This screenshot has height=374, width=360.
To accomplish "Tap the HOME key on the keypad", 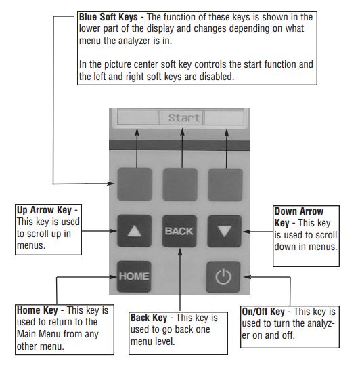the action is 134,276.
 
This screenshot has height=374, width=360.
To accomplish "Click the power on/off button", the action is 223,277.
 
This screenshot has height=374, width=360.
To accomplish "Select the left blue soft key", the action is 135,184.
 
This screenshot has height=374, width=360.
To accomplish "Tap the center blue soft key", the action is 180,184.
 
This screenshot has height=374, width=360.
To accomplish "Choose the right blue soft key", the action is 225,185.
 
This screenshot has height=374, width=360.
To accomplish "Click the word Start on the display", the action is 183,118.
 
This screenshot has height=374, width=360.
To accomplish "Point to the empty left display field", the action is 138,117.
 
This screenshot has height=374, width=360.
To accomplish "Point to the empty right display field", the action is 224,117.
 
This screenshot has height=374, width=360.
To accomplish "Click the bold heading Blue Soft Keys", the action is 108,17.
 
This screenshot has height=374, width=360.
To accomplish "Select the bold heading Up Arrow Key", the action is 44,210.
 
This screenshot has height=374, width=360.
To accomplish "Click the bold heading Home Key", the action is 37,310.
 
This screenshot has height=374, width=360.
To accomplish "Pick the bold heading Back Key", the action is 149,318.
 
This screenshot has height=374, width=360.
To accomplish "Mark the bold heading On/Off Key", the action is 263,312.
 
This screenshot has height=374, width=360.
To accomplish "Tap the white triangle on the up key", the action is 135,231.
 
